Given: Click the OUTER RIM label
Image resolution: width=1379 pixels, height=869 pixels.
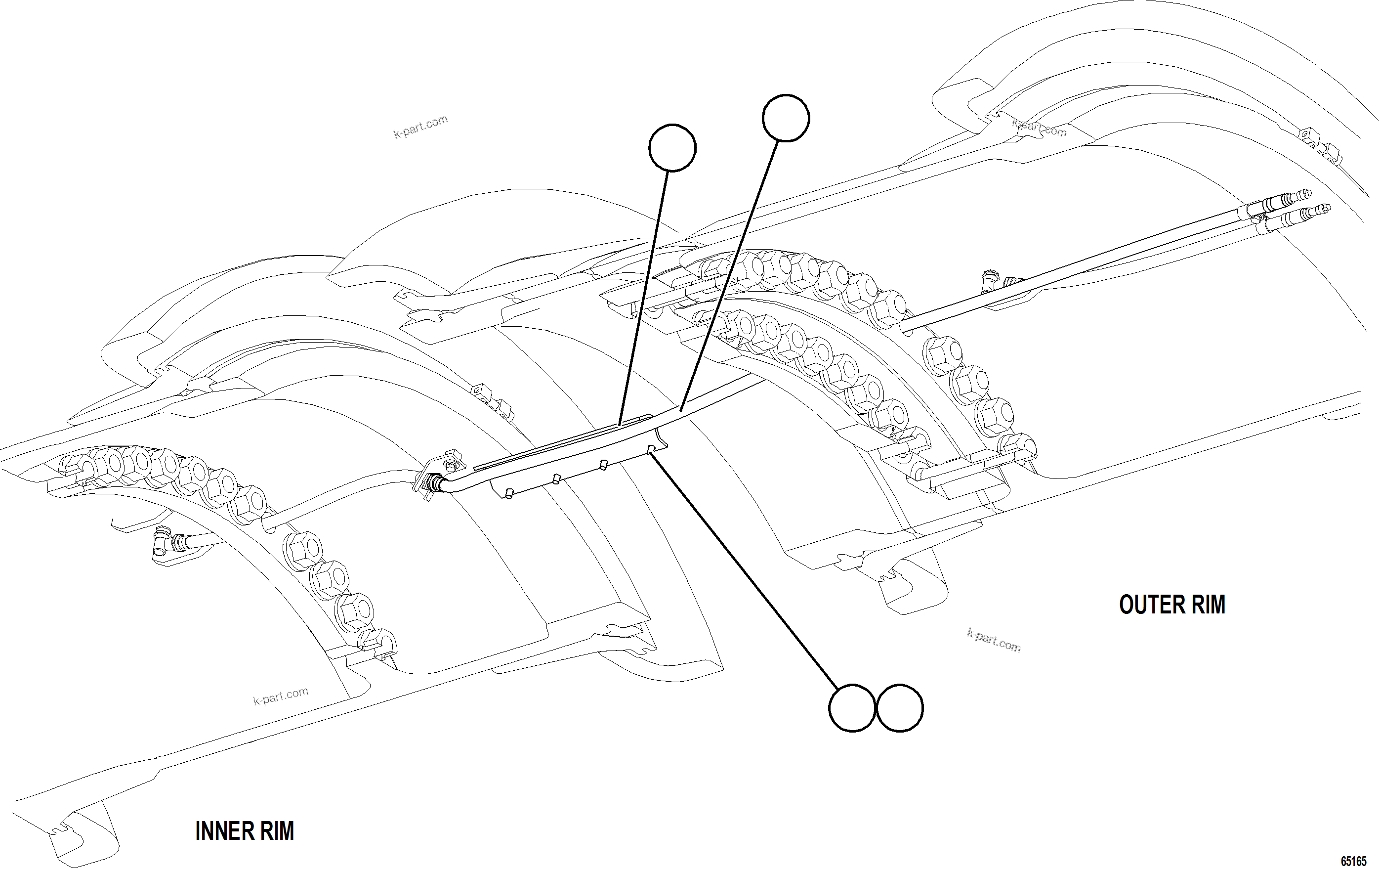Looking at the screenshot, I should [x=1171, y=605].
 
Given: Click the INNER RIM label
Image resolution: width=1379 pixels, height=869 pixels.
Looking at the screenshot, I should [x=245, y=830].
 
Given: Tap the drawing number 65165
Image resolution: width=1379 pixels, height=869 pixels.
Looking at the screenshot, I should [x=1354, y=861].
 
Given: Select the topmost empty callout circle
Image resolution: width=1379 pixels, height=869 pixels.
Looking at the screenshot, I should [x=786, y=118].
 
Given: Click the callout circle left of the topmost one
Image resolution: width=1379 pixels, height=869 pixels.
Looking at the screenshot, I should [x=672, y=148].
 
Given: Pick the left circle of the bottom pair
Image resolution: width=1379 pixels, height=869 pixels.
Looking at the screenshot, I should [x=852, y=707].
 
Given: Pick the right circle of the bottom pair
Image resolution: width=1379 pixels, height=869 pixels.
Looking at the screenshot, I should [x=900, y=707].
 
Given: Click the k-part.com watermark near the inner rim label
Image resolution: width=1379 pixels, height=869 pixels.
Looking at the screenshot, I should [x=281, y=696].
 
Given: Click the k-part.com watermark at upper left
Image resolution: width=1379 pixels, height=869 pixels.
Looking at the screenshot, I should [x=420, y=127].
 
